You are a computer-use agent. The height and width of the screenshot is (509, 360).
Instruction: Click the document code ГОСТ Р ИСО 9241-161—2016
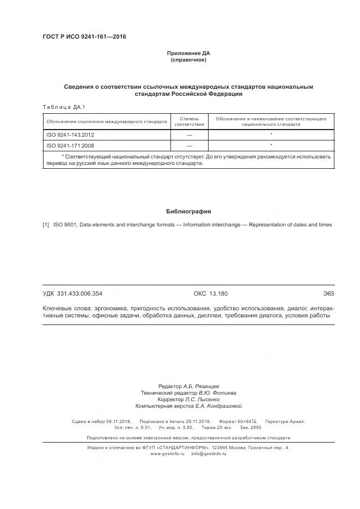pyautogui.click(x=84, y=37)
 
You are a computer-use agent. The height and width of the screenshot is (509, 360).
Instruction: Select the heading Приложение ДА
pyautogui.click(x=188, y=53)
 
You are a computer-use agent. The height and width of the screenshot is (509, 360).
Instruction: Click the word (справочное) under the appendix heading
pyautogui.click(x=188, y=60)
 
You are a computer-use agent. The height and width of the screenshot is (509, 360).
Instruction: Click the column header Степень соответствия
pyautogui.click(x=189, y=121)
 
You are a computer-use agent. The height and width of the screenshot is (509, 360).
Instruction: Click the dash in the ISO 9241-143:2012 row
pyautogui.click(x=189, y=134)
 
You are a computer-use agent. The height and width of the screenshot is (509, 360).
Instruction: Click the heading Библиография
pyautogui.click(x=188, y=211)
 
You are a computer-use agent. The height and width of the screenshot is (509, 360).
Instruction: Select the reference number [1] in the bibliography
pyautogui.click(x=46, y=224)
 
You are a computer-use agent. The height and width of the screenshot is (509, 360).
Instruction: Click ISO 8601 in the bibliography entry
pyautogui.click(x=65, y=224)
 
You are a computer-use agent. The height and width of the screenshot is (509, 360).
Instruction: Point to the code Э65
pyautogui.click(x=328, y=293)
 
